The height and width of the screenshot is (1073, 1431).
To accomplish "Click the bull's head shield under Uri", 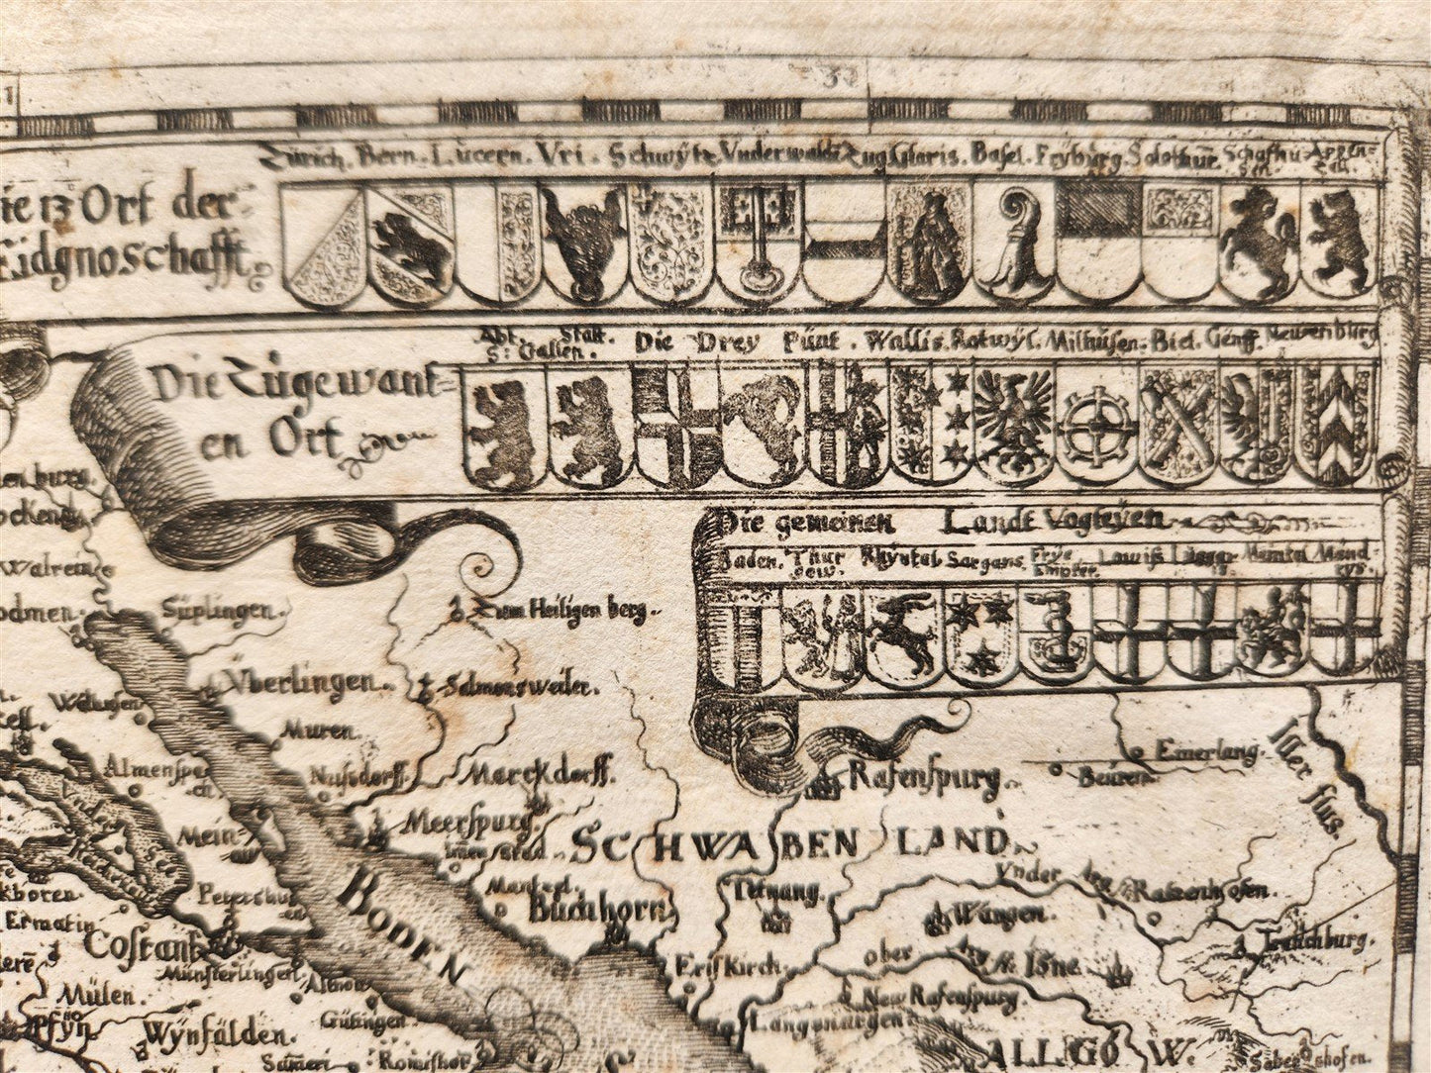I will click(x=584, y=241).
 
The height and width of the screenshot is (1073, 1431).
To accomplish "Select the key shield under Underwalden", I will click(x=759, y=241).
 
